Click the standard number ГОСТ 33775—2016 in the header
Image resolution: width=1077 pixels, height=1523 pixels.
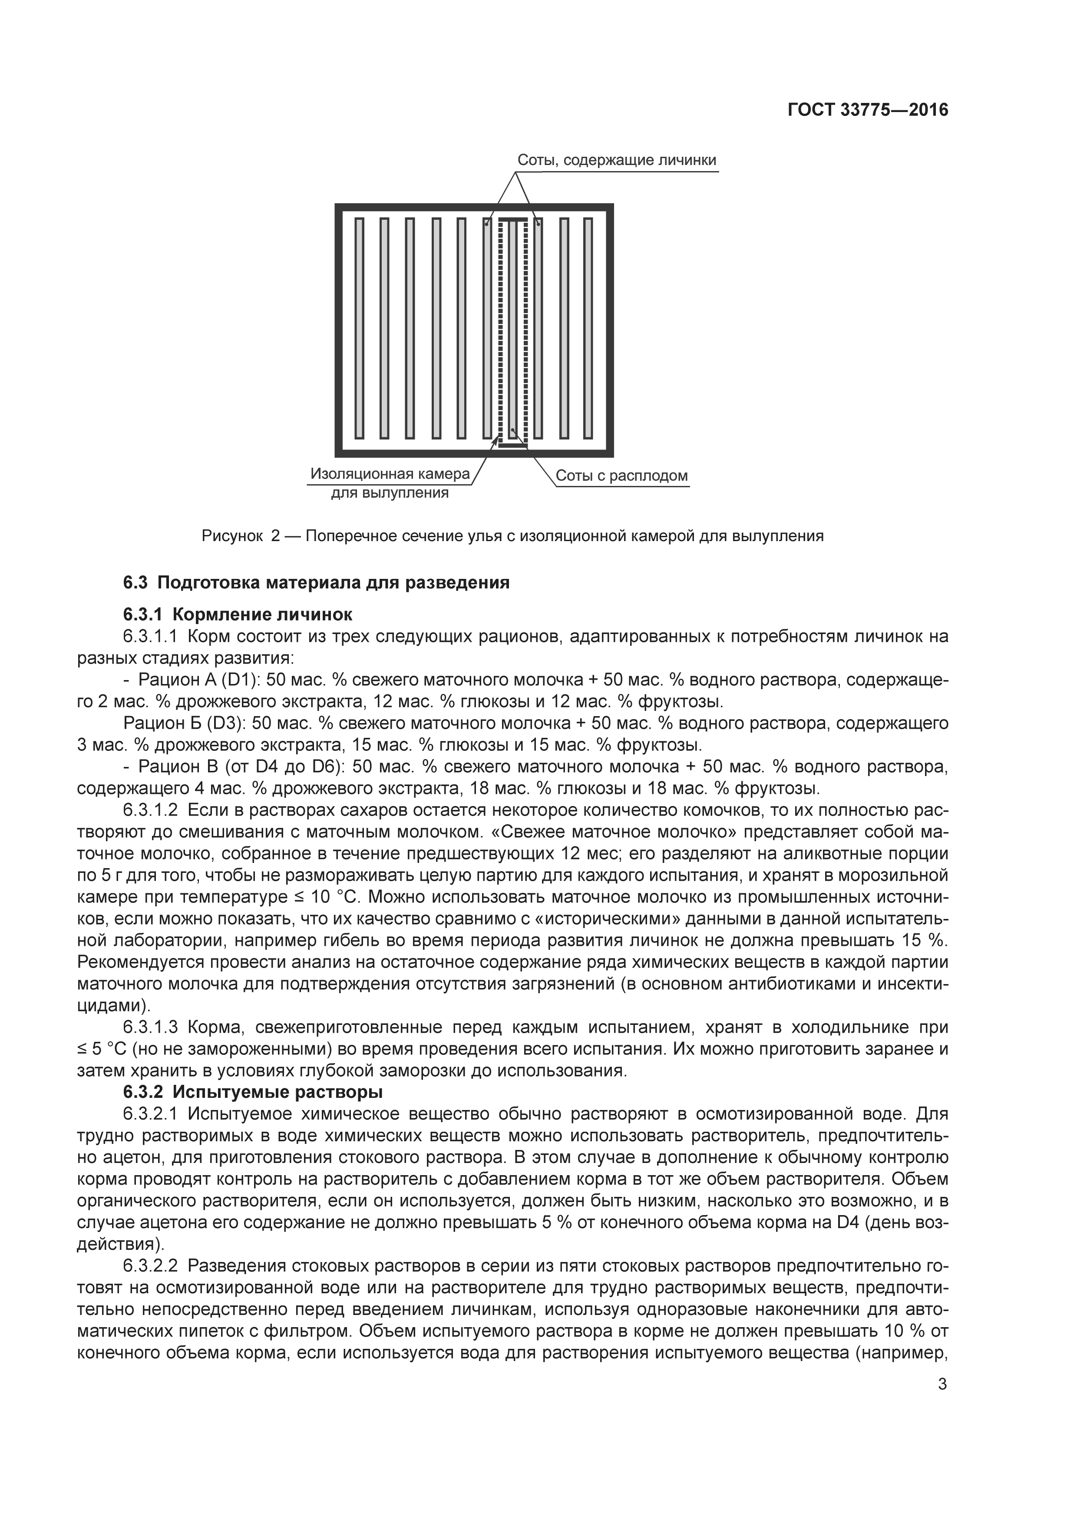tap(867, 110)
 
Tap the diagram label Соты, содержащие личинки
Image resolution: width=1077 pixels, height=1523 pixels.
tap(616, 161)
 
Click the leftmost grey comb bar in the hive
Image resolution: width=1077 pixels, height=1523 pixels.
tap(360, 328)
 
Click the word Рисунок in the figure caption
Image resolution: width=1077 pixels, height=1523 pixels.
tap(232, 536)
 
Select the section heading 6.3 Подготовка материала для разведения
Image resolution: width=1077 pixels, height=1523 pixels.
tap(316, 583)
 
